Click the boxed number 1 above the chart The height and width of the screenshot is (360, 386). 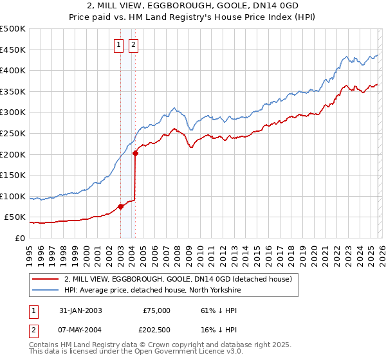120,45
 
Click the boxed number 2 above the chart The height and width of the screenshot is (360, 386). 134,45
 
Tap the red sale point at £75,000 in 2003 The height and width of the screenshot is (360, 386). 120,206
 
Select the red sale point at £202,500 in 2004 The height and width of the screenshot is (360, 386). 135,153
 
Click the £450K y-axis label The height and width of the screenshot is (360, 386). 14,50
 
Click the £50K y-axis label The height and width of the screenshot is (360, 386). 16,217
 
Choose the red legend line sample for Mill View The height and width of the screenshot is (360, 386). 46,279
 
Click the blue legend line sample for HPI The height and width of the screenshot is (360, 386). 46,289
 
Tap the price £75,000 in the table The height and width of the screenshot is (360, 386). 156,310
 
